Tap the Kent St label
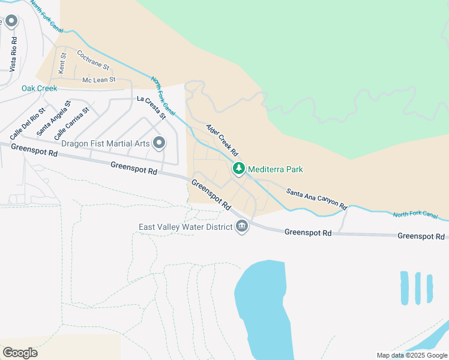62,63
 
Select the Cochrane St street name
93,59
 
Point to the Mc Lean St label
98,80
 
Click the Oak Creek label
39,88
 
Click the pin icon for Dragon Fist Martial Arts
159,143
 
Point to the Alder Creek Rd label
222,141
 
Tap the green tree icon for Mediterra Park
239,169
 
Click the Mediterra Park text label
275,169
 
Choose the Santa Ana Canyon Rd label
316,199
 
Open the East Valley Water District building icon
242,227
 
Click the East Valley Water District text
185,227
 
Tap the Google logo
20,353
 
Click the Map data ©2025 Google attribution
411,355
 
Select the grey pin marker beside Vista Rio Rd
11,22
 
